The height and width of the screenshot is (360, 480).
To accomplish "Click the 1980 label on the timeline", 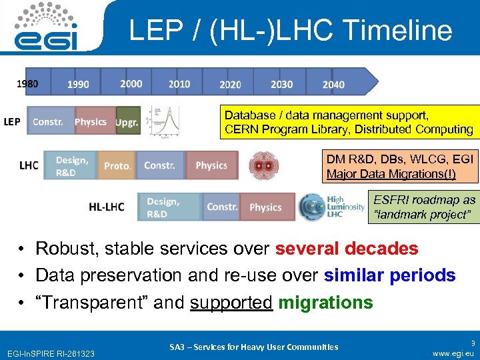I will [27, 84].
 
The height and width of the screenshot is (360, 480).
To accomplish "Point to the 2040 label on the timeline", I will [333, 85].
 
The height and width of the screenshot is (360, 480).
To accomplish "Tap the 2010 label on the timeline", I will [179, 84].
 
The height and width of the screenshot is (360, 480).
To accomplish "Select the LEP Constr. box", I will [49, 122].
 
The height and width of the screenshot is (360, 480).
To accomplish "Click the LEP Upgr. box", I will [127, 123].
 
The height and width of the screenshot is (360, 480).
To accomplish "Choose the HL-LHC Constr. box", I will [221, 207].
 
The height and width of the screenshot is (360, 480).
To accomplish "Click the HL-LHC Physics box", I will [267, 207].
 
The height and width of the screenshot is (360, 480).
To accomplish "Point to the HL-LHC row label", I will [107, 207].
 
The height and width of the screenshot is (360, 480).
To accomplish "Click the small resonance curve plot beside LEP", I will [163, 121].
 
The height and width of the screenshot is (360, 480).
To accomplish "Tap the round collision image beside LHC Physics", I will [264, 165].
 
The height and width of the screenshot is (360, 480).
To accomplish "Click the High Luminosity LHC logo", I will [331, 206].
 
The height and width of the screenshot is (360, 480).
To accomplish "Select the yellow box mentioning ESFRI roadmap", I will [424, 207].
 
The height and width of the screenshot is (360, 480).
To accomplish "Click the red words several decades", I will [347, 249].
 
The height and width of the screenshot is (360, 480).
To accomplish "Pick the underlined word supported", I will [231, 302].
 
